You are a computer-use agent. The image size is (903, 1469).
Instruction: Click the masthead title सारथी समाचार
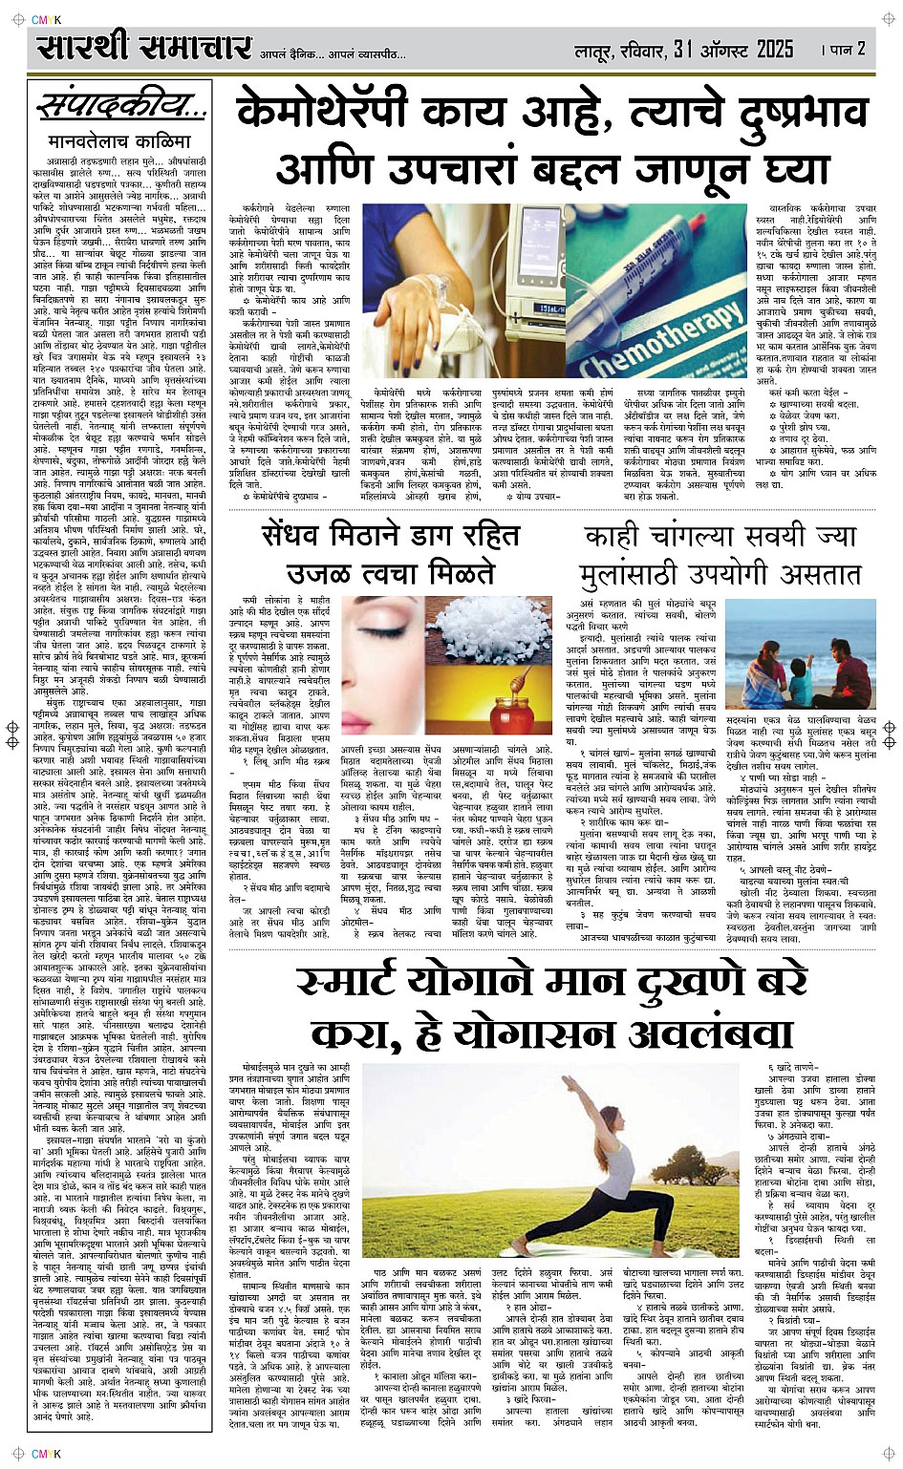click(144, 47)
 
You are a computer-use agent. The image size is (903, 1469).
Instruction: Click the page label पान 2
click(847, 49)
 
